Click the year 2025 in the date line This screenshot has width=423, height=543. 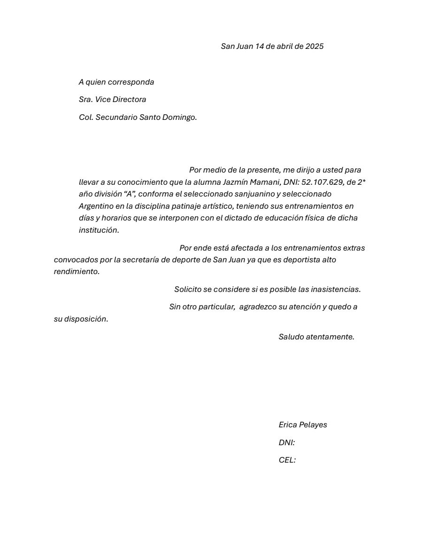click(x=314, y=46)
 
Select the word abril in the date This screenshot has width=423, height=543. click(x=285, y=46)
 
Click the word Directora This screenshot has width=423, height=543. click(x=128, y=99)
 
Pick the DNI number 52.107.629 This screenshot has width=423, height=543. click(x=323, y=182)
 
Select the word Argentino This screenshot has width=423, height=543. click(x=96, y=206)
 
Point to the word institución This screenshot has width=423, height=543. click(x=99, y=230)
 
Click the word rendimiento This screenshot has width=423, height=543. click(x=77, y=271)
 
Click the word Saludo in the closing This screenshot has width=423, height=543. click(x=291, y=337)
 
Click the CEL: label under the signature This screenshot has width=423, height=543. click(x=287, y=460)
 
